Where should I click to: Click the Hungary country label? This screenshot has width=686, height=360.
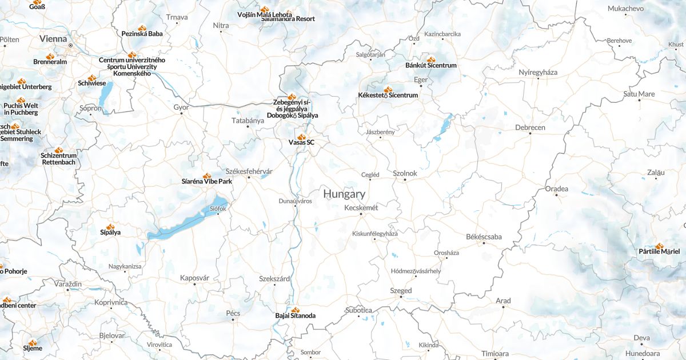point(344,194)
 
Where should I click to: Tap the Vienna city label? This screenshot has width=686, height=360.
point(53,39)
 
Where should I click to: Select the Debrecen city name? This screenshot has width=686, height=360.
point(530,127)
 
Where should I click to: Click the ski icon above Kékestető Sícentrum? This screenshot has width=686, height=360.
point(388,89)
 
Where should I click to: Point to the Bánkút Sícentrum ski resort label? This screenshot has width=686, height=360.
point(430,65)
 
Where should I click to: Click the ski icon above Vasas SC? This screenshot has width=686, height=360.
point(301,137)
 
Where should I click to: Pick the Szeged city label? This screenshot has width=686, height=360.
point(401,290)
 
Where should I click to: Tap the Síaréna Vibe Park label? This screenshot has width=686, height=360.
point(206,181)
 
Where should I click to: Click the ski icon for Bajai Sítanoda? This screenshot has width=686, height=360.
point(295,310)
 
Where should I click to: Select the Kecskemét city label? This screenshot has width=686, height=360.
point(361,207)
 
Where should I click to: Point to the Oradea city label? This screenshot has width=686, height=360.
point(556,189)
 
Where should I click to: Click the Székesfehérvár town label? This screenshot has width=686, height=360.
point(249,171)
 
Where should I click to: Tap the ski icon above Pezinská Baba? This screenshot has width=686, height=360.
point(142,27)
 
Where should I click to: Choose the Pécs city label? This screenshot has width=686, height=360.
point(233,313)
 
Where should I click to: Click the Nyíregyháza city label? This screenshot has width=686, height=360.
point(537,72)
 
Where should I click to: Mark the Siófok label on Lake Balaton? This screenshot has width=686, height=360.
point(218,209)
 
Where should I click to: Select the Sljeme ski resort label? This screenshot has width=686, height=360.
point(32,348)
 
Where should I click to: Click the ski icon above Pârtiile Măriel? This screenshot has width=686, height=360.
point(660,246)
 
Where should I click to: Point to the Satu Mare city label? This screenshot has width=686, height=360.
point(639,94)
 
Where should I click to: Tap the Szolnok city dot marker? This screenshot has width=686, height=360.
point(405,180)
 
